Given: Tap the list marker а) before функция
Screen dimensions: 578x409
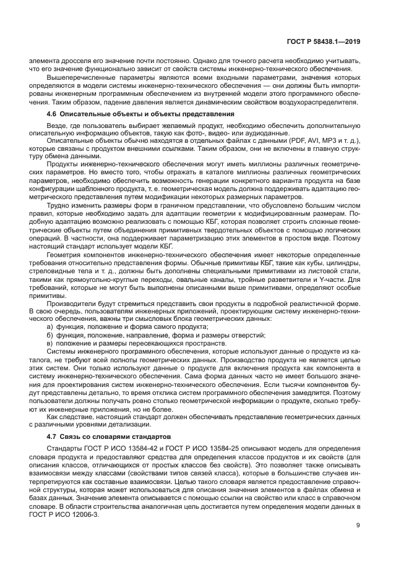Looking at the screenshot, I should pos(50,326).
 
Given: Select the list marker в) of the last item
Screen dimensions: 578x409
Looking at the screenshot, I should pos(50,342).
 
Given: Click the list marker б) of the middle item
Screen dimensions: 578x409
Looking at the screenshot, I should pos(50,334).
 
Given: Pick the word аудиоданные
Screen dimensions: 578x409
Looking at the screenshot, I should pos(251,133).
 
